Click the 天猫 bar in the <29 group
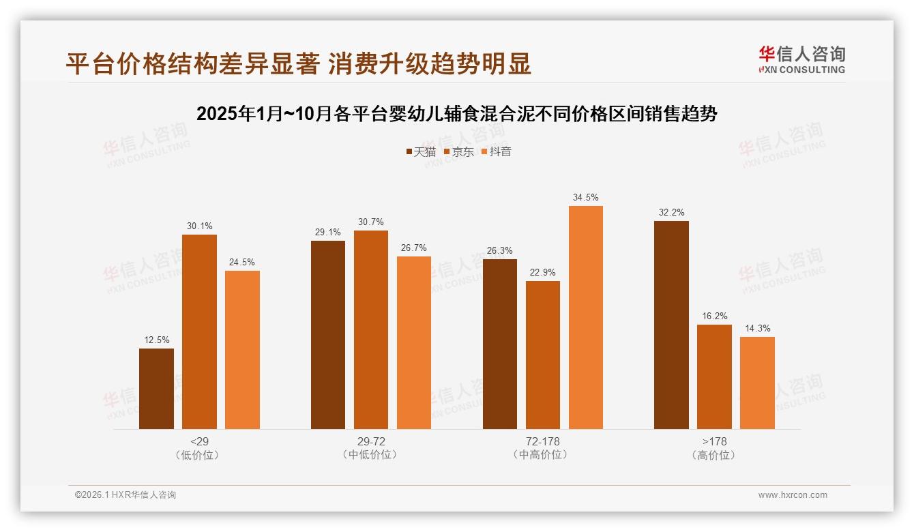pos(156,389)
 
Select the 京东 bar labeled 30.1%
pos(199,331)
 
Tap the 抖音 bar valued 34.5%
pos(586,317)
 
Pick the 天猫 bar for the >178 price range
pos(671,325)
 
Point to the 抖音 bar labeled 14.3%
pos(757,383)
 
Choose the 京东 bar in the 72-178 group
pos(543,355)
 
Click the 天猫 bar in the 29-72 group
pos(328,334)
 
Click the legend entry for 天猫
pos(420,151)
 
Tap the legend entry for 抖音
pos(497,151)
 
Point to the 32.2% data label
pos(671,212)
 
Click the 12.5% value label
pos(156,340)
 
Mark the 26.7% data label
pos(414,248)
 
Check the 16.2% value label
pos(714,316)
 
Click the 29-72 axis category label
pos(371,441)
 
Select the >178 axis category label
pos(714,441)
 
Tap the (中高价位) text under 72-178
pos(543,455)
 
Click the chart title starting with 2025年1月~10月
pos(457,114)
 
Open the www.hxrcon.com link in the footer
pos(793,495)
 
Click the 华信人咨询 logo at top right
pos(802,59)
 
